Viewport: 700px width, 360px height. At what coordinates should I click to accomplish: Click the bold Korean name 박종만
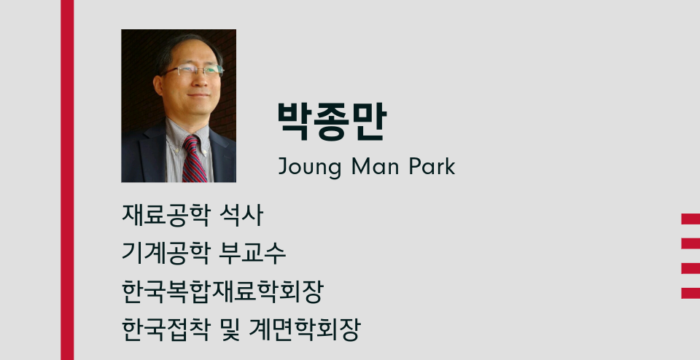coord(332,122)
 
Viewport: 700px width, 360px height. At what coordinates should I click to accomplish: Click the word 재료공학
coord(166,215)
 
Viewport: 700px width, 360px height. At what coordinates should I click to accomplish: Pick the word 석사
coord(241,215)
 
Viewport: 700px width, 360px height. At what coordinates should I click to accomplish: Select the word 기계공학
coord(166,253)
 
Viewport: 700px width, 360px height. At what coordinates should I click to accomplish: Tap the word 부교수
coord(252,253)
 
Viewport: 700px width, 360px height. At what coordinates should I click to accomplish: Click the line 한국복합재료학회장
coord(222,291)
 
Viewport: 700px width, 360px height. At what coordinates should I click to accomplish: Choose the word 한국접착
coord(166,330)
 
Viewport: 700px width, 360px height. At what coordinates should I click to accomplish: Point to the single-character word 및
coord(230,330)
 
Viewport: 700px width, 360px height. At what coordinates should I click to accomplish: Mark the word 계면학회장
coord(305,330)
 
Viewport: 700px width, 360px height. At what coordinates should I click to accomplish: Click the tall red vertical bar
coord(67,180)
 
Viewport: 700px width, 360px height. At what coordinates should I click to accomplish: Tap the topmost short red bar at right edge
coord(691,219)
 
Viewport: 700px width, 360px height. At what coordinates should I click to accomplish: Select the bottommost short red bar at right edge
coord(691,293)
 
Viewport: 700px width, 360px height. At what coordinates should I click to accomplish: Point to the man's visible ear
coord(158,85)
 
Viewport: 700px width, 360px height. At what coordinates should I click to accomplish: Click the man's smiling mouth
coord(198,95)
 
